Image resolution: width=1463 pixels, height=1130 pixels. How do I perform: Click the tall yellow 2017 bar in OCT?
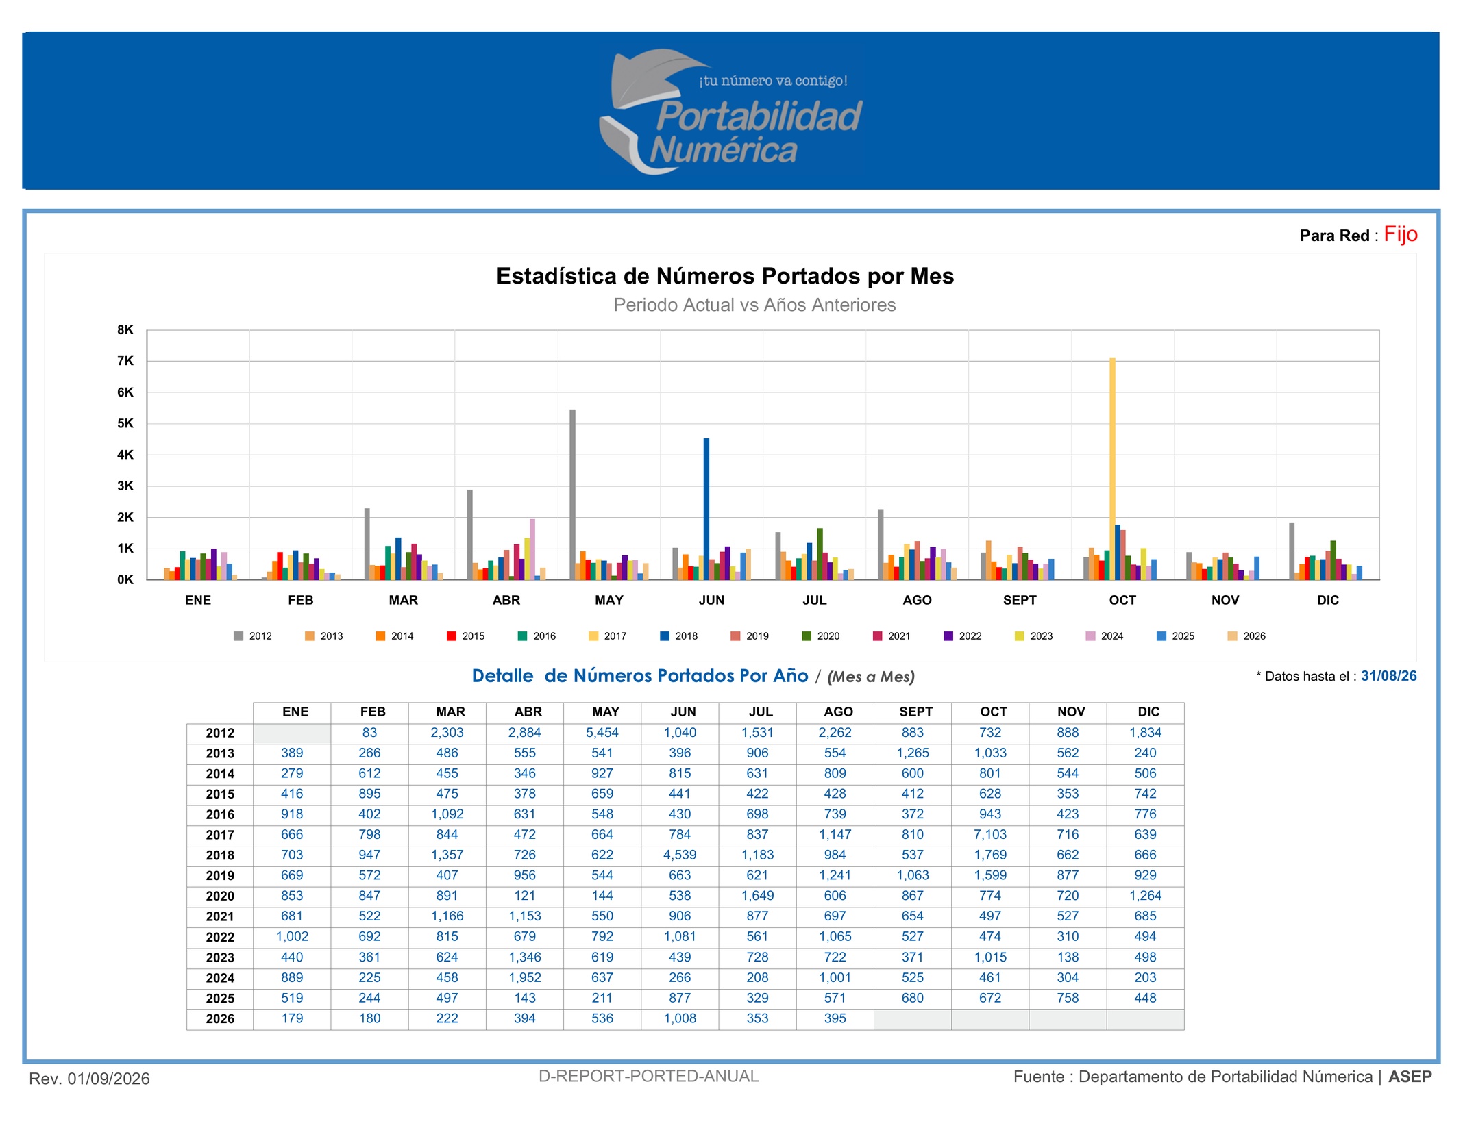point(1112,469)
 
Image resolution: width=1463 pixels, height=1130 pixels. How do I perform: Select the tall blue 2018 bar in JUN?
point(706,509)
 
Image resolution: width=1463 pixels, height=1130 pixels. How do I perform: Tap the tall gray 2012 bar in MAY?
point(573,494)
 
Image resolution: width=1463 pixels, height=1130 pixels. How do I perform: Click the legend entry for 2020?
point(821,636)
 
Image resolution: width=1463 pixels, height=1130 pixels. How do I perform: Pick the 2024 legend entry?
point(1105,636)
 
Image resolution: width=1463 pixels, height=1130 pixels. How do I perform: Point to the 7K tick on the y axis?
point(125,361)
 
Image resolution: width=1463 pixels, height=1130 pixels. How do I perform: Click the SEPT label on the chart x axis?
point(1020,600)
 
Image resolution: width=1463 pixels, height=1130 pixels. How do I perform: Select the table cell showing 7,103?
point(990,834)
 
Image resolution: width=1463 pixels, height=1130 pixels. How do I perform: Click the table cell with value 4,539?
point(680,855)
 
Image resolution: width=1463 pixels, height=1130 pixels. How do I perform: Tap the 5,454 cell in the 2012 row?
point(602,732)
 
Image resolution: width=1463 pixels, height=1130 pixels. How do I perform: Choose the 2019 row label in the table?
point(220,875)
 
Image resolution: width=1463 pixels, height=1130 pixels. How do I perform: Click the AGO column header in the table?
point(838,712)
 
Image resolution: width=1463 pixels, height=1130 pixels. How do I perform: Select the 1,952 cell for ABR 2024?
point(525,977)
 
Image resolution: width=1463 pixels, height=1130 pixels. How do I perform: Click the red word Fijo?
point(1400,234)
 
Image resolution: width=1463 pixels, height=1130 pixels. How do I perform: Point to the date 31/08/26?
point(1388,676)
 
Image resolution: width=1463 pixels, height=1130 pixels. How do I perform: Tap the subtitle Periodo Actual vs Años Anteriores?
point(754,305)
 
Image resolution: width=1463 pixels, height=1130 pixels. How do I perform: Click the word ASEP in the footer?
point(1410,1077)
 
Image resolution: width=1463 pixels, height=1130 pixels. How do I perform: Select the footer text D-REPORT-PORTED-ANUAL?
point(648,1076)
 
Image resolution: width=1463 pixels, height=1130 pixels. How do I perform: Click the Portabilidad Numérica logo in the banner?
point(730,112)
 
